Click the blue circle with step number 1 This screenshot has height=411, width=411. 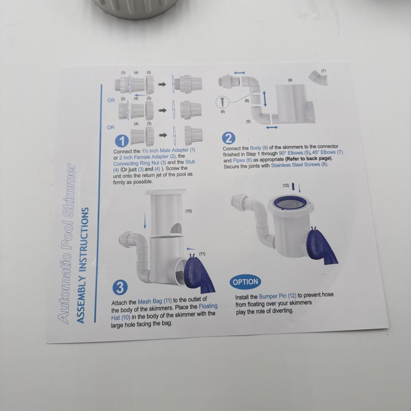click(122, 141)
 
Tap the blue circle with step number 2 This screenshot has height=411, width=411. click(229, 138)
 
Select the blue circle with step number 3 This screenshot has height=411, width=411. click(120, 288)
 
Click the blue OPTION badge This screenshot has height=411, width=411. click(245, 282)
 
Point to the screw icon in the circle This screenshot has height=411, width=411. click(222, 102)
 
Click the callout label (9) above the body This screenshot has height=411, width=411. click(290, 81)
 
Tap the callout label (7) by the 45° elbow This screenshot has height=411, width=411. click(323, 71)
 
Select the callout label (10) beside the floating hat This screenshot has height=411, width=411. click(189, 211)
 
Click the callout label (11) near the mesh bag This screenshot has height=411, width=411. click(202, 254)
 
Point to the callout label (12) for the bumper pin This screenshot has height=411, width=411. click(286, 186)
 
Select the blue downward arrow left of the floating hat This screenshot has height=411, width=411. click(145, 221)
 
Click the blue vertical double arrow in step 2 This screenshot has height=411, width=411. click(265, 99)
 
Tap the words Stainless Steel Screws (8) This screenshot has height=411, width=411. click(299, 165)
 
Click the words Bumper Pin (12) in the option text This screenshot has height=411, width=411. click(277, 296)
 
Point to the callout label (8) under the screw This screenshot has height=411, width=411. click(222, 112)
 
